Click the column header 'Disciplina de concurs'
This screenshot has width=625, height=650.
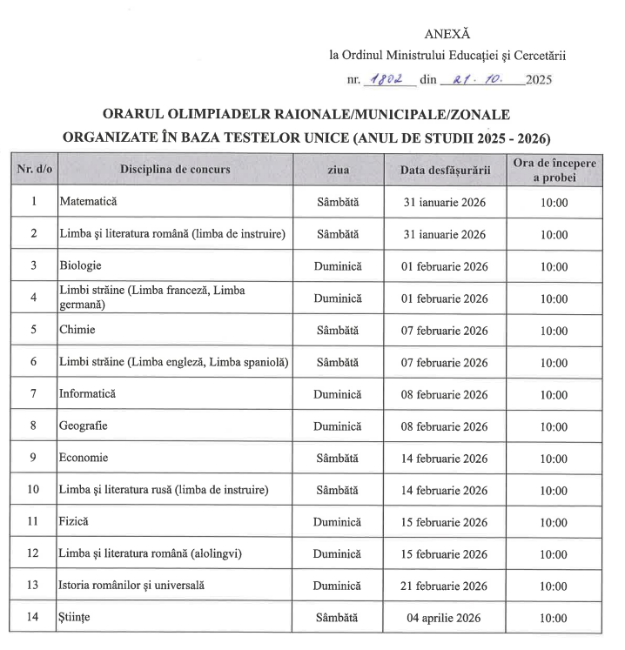pyautogui.click(x=175, y=170)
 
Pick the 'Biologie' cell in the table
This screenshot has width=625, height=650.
pyautogui.click(x=80, y=265)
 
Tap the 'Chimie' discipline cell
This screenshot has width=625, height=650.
pyautogui.click(x=77, y=331)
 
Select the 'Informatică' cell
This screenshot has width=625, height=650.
pyautogui.click(x=88, y=394)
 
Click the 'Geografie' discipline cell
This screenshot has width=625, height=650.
pyautogui.click(x=84, y=426)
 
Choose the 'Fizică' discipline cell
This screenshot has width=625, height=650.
pyautogui.click(x=75, y=522)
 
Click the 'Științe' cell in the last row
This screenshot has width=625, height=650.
pyautogui.click(x=75, y=619)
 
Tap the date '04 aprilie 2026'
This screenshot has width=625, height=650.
pyautogui.click(x=444, y=619)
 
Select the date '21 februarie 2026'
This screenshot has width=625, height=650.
pyautogui.click(x=444, y=586)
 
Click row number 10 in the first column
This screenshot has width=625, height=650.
pyautogui.click(x=33, y=490)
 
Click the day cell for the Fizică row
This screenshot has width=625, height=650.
pyautogui.click(x=338, y=522)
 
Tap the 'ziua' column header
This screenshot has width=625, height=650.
pyautogui.click(x=338, y=170)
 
